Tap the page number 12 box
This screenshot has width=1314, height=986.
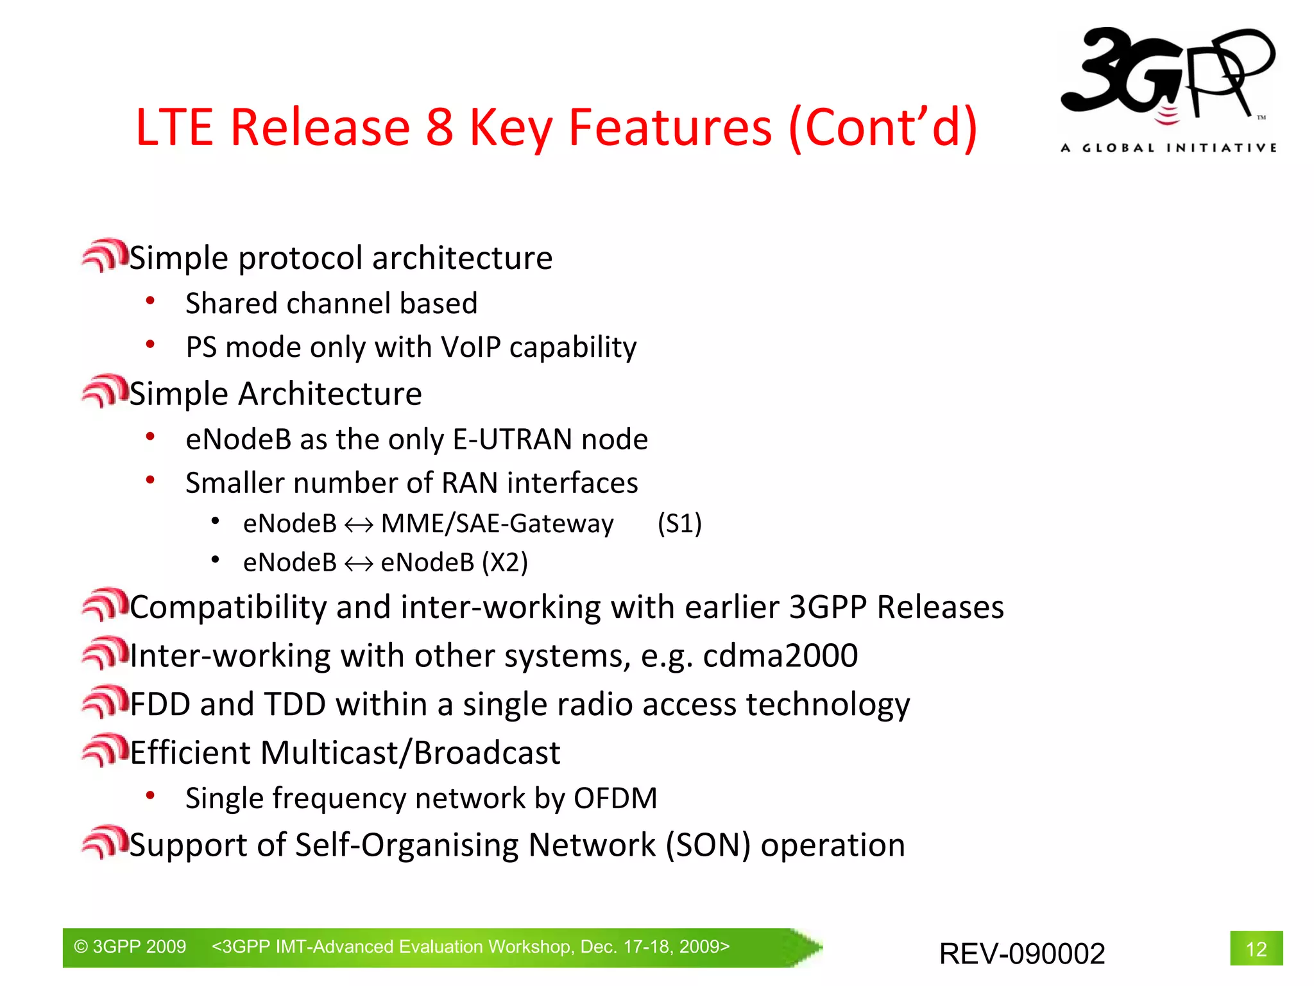click(1256, 948)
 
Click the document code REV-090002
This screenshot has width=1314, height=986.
click(1021, 953)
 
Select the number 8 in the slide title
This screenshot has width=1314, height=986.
click(439, 127)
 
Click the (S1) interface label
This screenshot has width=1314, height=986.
click(679, 523)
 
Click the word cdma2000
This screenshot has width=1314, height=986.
click(780, 655)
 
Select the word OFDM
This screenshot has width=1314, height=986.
click(615, 799)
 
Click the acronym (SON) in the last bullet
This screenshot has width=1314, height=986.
click(708, 845)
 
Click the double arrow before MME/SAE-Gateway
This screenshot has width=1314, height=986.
click(359, 525)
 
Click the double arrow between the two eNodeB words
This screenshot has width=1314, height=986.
click(359, 564)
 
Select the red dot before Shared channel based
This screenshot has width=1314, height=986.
click(150, 300)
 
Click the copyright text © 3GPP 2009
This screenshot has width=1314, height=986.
click(130, 947)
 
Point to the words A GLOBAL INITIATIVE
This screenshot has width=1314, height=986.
click(1168, 148)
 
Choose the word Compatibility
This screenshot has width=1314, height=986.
click(228, 607)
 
